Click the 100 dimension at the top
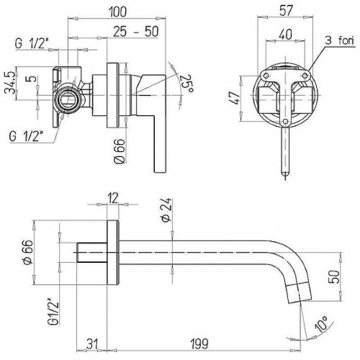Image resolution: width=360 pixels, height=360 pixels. tap(117, 12)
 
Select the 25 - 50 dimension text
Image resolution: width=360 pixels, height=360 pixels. tap(136, 32)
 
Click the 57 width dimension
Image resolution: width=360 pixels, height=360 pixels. tap(285, 10)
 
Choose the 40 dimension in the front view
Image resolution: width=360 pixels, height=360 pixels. tap(286, 35)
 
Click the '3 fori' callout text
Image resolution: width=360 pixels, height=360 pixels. tap(340, 40)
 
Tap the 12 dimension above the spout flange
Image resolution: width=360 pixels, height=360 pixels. tap(113, 198)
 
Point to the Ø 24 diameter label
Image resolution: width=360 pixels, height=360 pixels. tap(167, 210)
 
